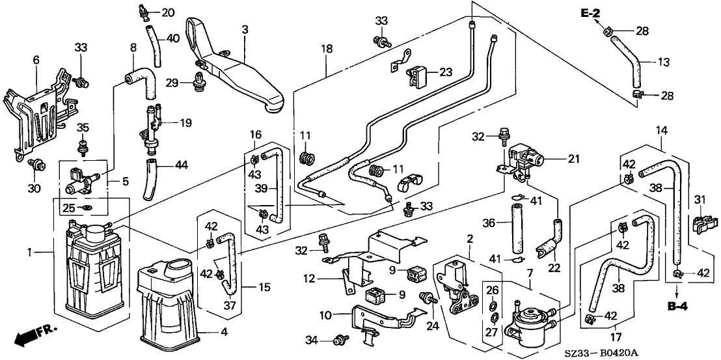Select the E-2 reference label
click(x=590, y=14)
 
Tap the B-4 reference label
click(x=677, y=305)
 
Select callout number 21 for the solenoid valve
click(x=573, y=159)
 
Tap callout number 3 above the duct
click(x=245, y=29)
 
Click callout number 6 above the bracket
click(x=36, y=61)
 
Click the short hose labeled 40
click(x=153, y=45)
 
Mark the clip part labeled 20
click(x=143, y=12)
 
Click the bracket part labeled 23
click(x=418, y=76)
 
